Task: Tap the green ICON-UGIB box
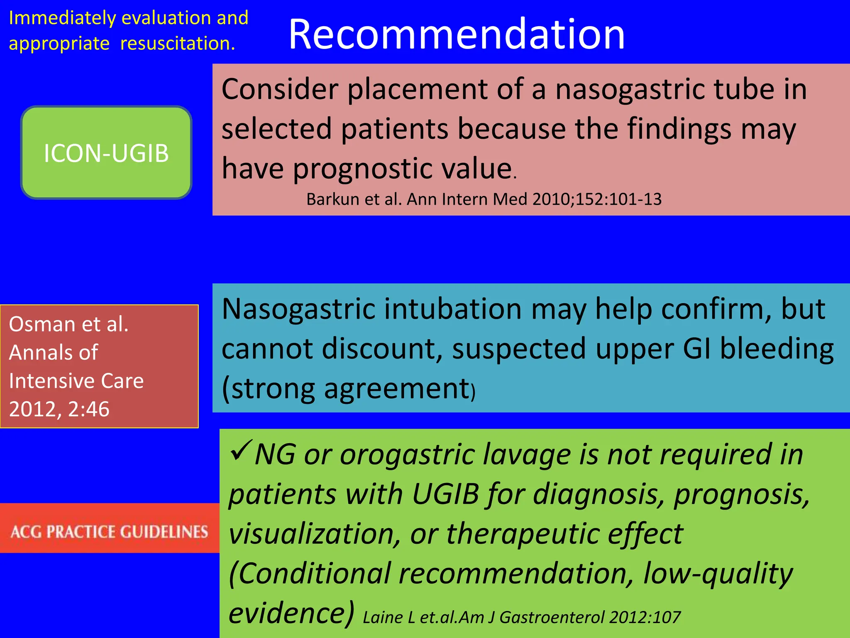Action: tap(106, 152)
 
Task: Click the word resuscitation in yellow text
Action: tap(177, 43)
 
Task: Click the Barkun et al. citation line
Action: tap(484, 199)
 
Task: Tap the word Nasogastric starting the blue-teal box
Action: tap(298, 309)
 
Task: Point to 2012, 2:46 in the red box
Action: tap(59, 409)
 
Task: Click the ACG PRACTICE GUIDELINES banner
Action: tap(109, 532)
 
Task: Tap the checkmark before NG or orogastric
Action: tap(240, 451)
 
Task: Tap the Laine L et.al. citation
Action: tap(521, 618)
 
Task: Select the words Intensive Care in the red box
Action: tap(76, 381)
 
